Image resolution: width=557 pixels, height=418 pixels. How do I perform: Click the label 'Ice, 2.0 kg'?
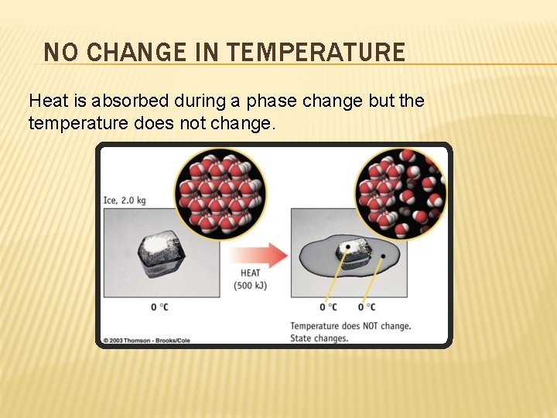(x=125, y=200)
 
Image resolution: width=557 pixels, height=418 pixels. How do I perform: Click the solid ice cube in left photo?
(x=161, y=253)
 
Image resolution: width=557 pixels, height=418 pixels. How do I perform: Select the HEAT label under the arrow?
(x=250, y=272)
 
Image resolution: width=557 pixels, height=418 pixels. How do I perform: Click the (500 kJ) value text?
(x=250, y=285)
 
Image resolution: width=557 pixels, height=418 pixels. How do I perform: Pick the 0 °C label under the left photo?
(x=160, y=307)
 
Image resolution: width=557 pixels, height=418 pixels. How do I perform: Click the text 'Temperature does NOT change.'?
(x=350, y=326)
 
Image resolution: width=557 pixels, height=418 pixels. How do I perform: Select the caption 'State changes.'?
(x=319, y=338)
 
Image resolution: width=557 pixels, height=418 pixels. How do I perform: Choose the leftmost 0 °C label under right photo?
(x=329, y=307)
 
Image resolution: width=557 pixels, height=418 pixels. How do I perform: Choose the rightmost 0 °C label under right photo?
(x=367, y=307)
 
